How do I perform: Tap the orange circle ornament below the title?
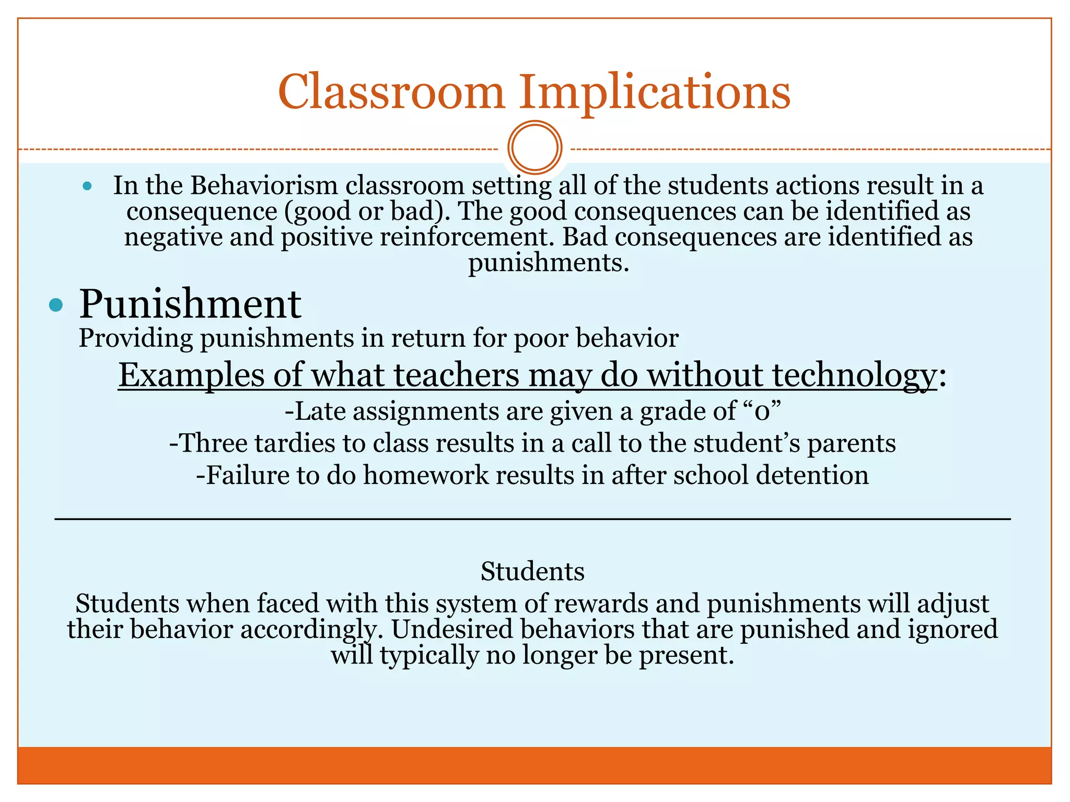(534, 147)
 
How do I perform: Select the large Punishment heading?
(190, 304)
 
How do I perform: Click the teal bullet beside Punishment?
(56, 305)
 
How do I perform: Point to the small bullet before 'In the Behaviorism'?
(87, 186)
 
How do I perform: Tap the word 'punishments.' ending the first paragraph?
(548, 263)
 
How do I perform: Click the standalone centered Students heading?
(532, 571)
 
